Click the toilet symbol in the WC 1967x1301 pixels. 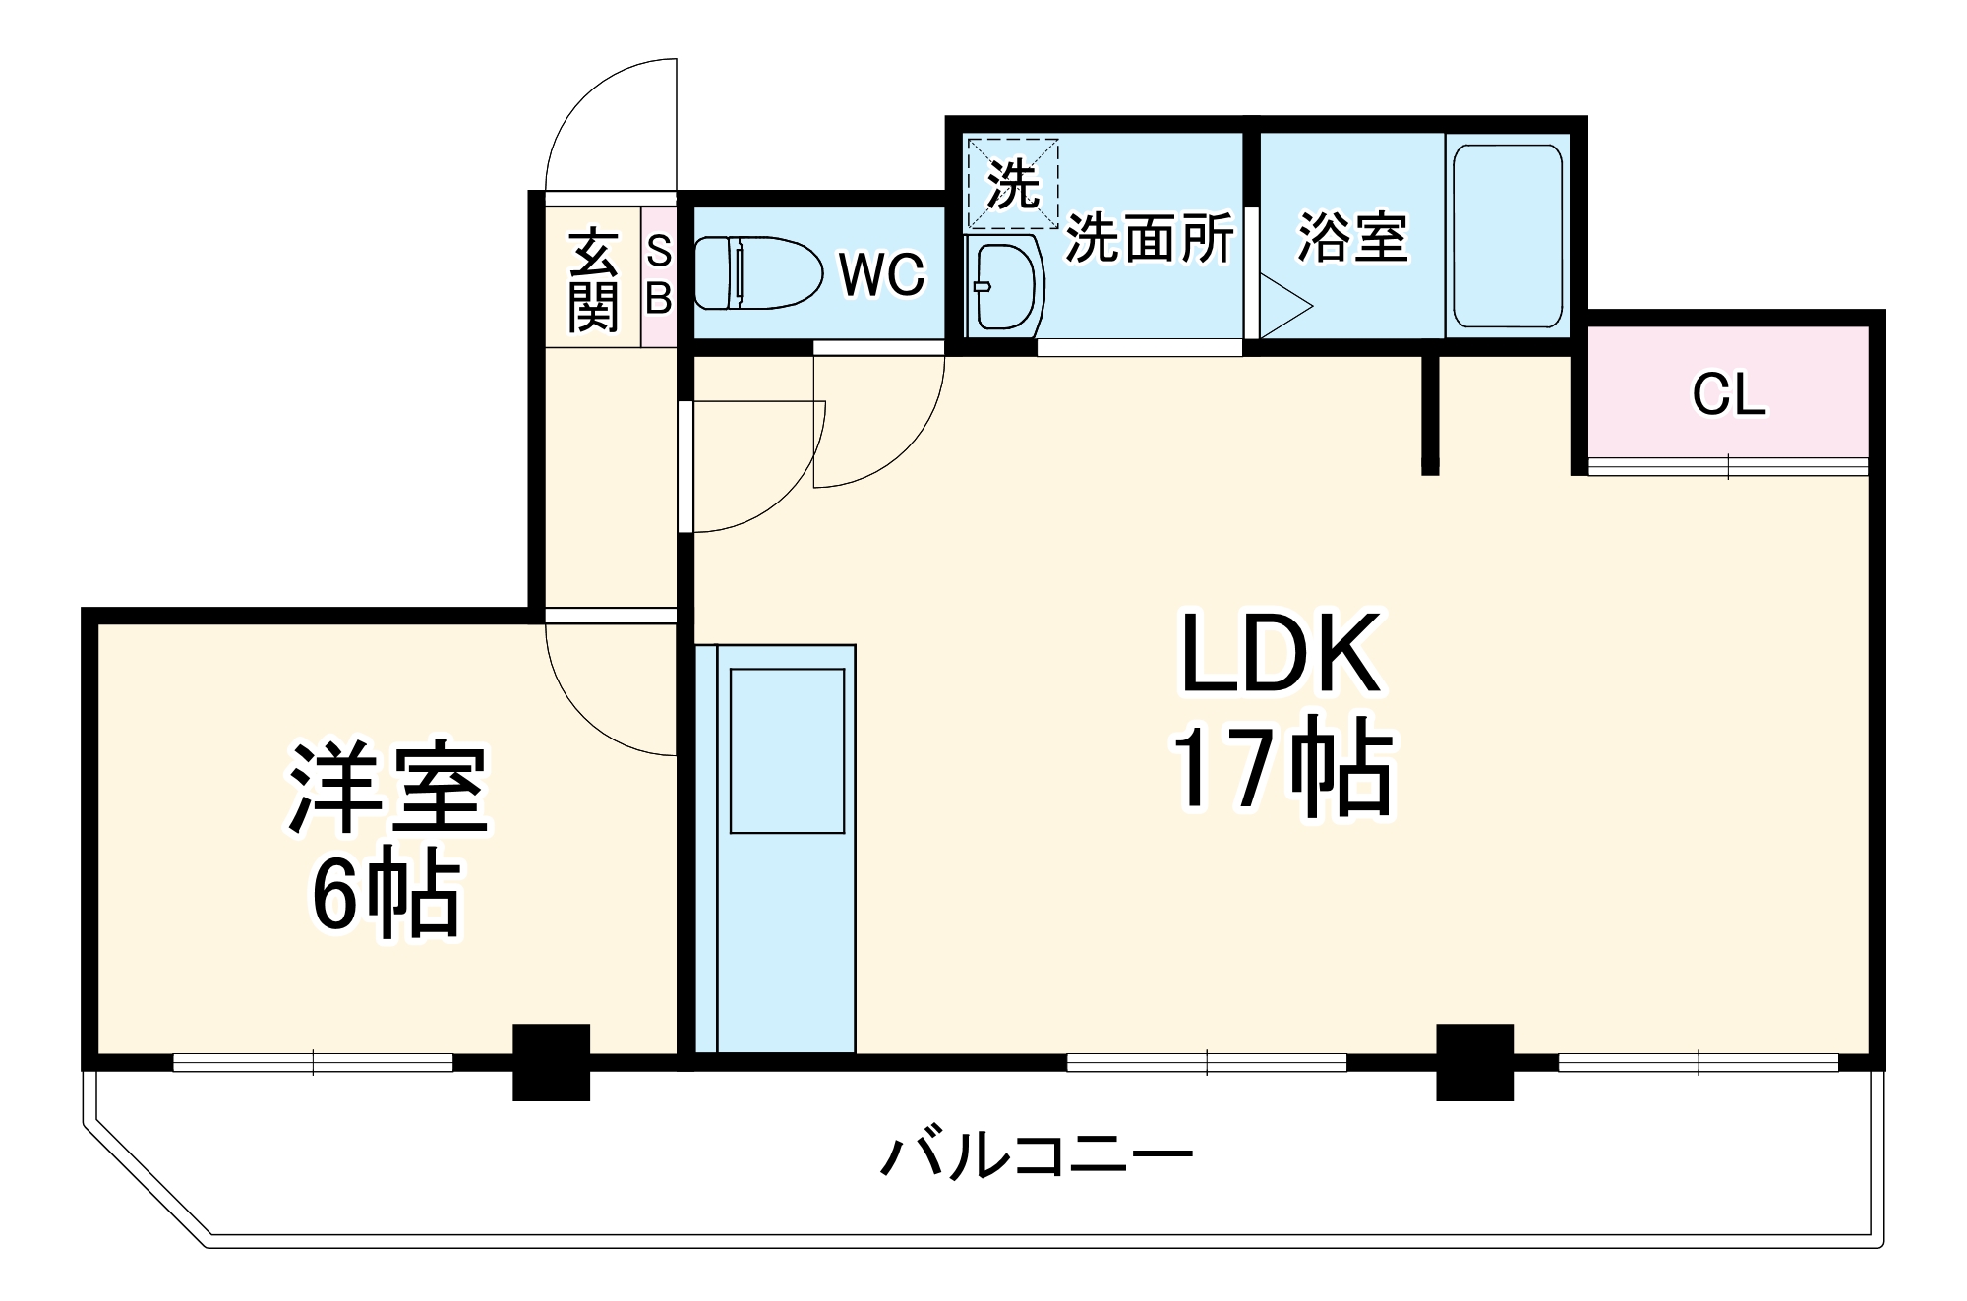[757, 272]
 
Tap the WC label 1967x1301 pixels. [881, 274]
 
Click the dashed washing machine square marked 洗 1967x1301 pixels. [1013, 184]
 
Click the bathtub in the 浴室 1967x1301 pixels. [1507, 236]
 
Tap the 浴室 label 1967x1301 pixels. [1352, 237]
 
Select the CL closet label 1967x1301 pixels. [1728, 395]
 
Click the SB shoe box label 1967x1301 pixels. [659, 275]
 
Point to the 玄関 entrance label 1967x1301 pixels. [593, 280]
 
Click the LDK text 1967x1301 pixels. [1282, 654]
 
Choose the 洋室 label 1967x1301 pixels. [387, 790]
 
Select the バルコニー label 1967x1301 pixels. [1036, 1156]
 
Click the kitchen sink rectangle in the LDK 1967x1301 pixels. [787, 751]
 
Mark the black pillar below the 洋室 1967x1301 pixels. [552, 1062]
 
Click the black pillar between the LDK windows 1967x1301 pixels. [1474, 1062]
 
